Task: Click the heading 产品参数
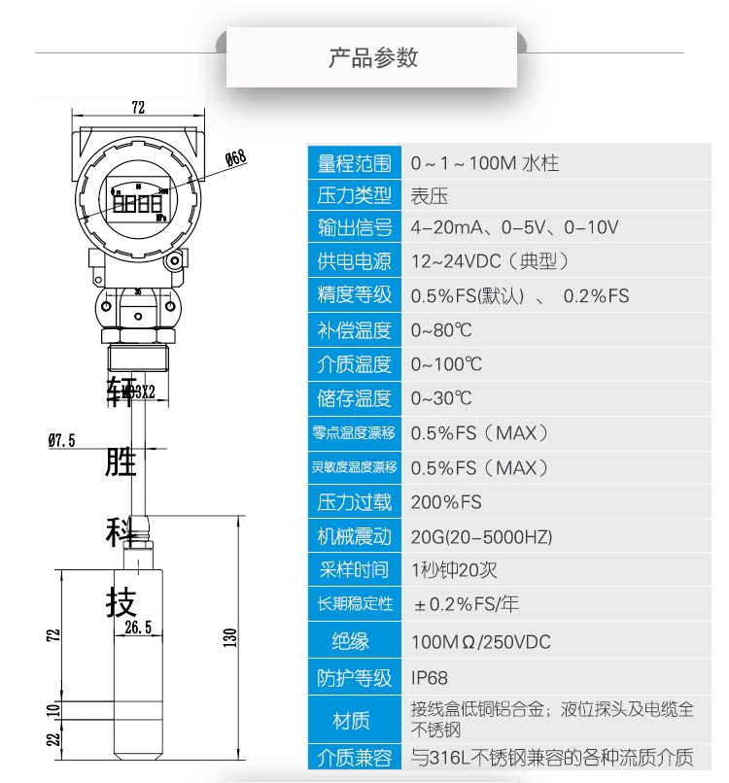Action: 372,57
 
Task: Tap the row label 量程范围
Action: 354,163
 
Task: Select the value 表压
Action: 430,196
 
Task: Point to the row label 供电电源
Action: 354,262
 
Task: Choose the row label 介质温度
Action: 354,364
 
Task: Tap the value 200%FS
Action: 446,502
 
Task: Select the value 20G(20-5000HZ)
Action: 481,536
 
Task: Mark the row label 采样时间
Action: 354,570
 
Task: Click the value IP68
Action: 430,677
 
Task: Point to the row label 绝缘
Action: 354,641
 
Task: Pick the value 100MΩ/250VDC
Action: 480,642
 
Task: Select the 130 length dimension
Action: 230,636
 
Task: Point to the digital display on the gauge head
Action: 137,205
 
